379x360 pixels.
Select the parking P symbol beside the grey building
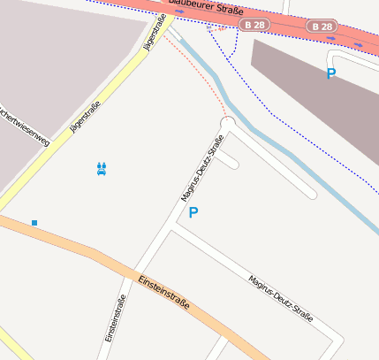(331, 74)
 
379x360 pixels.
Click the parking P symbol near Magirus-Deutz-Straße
(193, 212)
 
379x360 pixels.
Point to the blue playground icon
(102, 168)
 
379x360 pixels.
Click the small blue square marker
(34, 223)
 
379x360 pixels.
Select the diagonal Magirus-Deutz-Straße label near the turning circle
(202, 168)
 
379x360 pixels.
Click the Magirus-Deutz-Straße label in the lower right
(281, 297)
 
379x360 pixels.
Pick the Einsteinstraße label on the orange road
(163, 293)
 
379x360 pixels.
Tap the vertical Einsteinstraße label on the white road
(115, 318)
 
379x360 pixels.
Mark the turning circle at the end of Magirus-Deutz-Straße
(227, 123)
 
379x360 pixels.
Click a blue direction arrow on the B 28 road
(357, 42)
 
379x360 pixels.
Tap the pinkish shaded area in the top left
(53, 71)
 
